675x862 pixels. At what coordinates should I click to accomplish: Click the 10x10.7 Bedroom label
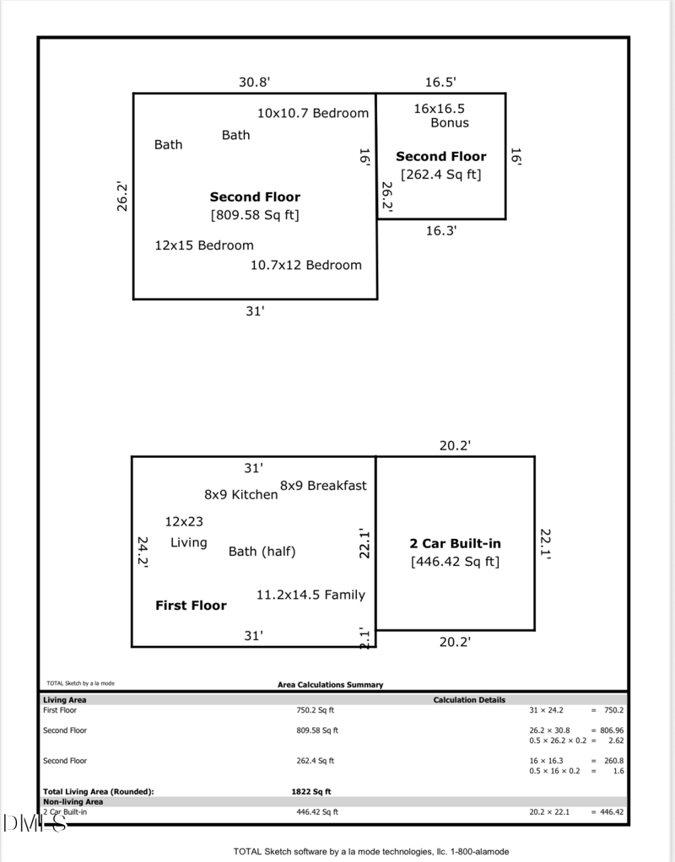pyautogui.click(x=313, y=113)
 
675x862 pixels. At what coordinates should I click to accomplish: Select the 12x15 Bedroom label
pyautogui.click(x=204, y=245)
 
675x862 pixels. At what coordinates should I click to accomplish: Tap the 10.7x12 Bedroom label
pyautogui.click(x=306, y=265)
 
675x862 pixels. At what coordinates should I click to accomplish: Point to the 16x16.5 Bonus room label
pyautogui.click(x=440, y=116)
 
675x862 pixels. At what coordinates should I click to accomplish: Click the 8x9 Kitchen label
pyautogui.click(x=240, y=494)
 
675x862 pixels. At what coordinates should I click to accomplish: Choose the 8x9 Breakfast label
pyautogui.click(x=323, y=485)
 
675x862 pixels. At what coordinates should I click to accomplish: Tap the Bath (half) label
pyautogui.click(x=262, y=552)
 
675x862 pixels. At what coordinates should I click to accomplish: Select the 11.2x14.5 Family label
pyautogui.click(x=310, y=595)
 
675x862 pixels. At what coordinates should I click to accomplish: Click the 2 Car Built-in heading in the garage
pyautogui.click(x=455, y=544)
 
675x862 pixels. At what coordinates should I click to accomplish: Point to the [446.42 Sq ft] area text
pyautogui.click(x=455, y=562)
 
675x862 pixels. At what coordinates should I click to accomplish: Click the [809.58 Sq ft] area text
pyautogui.click(x=255, y=215)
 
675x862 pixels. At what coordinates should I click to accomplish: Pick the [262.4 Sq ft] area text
pyautogui.click(x=440, y=175)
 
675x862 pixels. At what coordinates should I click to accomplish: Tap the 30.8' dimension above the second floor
pyautogui.click(x=254, y=82)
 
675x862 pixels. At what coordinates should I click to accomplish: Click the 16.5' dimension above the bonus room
pyautogui.click(x=440, y=82)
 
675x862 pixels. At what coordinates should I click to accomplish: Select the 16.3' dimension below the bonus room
pyautogui.click(x=440, y=230)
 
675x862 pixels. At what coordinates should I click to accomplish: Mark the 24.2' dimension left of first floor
pyautogui.click(x=143, y=552)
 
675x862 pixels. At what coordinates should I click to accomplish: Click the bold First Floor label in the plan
pyautogui.click(x=191, y=606)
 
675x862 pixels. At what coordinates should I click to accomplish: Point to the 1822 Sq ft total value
pyautogui.click(x=311, y=792)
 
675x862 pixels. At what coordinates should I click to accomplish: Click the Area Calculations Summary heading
pyautogui.click(x=330, y=685)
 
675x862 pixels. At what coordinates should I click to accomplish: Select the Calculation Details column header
pyautogui.click(x=469, y=700)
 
